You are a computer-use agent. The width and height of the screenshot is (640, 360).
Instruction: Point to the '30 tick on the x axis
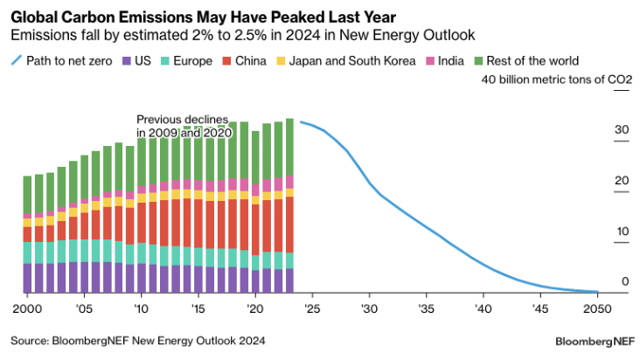point(369,309)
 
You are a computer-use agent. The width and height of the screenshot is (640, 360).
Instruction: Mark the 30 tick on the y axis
point(622,130)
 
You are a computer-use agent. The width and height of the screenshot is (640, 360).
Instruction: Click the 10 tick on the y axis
point(622,232)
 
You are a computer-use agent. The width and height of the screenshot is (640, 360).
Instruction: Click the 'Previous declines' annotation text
point(182,119)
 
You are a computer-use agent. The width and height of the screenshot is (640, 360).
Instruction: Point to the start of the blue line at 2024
point(301,121)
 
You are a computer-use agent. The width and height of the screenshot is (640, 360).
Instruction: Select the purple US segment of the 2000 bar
point(27,278)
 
